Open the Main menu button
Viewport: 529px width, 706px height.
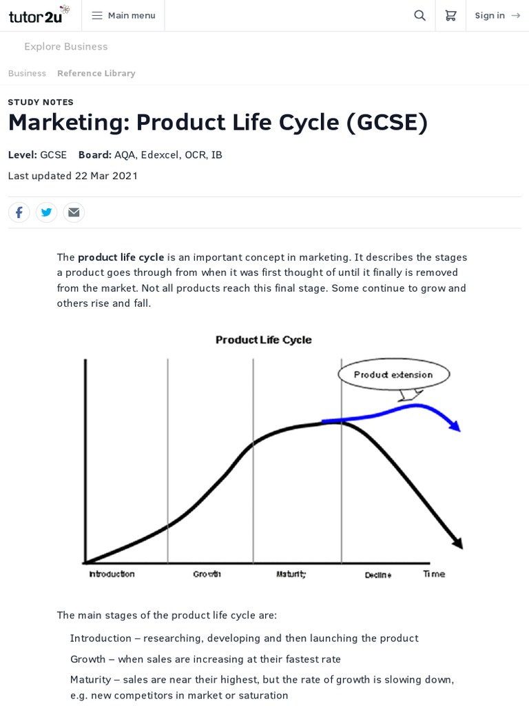coord(123,15)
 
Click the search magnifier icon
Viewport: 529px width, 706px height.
coord(419,15)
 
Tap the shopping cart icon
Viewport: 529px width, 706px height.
coord(450,15)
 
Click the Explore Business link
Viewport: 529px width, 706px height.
coord(65,46)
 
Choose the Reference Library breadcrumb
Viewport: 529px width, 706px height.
coord(96,73)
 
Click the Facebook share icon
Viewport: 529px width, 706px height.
coord(19,212)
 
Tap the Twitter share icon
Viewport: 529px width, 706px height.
coord(46,212)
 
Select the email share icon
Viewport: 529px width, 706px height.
coord(74,212)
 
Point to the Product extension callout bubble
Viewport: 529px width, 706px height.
coord(393,374)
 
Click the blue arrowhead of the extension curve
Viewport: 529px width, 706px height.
coord(455,426)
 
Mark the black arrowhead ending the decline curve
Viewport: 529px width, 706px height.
coord(457,543)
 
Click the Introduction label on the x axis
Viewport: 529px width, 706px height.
coord(112,574)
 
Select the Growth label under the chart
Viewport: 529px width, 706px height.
coord(207,574)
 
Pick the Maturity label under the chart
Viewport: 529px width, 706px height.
coord(291,574)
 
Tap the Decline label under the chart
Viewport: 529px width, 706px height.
coord(378,574)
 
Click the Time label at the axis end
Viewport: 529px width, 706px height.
coord(434,574)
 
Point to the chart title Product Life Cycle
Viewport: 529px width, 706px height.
coord(263,340)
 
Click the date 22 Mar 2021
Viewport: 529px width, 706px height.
coord(106,176)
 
